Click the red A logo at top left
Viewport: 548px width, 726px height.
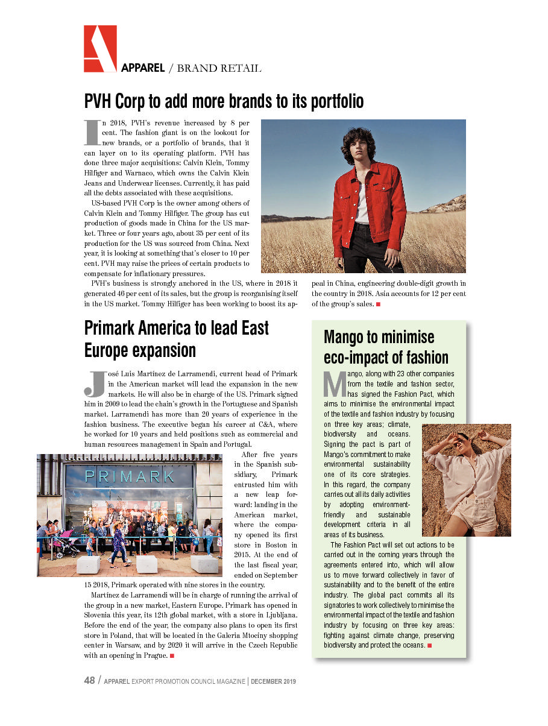tap(100, 48)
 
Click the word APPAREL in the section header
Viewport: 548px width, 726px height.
tap(143, 68)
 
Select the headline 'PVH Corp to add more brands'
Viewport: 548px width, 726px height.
tap(224, 101)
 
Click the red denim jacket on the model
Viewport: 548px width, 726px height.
tap(370, 202)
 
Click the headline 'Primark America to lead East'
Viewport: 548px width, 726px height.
tap(176, 328)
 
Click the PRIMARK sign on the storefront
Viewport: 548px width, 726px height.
tap(130, 477)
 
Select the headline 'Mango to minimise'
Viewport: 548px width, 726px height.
tap(379, 336)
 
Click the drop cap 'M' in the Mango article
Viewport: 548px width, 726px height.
tap(333, 384)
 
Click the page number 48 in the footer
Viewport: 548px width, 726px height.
tap(89, 681)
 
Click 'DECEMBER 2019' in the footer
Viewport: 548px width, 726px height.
tap(273, 681)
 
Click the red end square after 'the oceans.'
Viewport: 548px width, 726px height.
tap(429, 646)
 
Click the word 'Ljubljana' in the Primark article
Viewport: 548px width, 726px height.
tap(277, 615)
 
